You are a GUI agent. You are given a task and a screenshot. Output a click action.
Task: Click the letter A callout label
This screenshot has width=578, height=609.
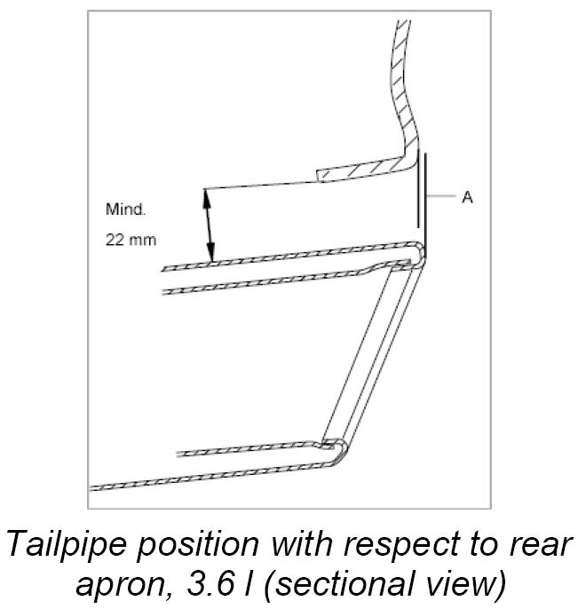pyautogui.click(x=467, y=198)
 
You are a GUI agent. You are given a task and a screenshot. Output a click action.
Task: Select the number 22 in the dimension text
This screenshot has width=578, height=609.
pyautogui.click(x=115, y=241)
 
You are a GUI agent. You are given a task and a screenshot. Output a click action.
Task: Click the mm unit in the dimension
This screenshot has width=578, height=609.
pyautogui.click(x=142, y=241)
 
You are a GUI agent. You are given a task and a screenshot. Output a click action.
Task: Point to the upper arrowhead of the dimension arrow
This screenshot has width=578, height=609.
pyautogui.click(x=208, y=196)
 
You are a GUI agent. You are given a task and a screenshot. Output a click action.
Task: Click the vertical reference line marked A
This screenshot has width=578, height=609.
pyautogui.click(x=420, y=191)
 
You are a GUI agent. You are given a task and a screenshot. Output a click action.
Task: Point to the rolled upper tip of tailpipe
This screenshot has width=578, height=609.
pyautogui.click(x=417, y=254)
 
